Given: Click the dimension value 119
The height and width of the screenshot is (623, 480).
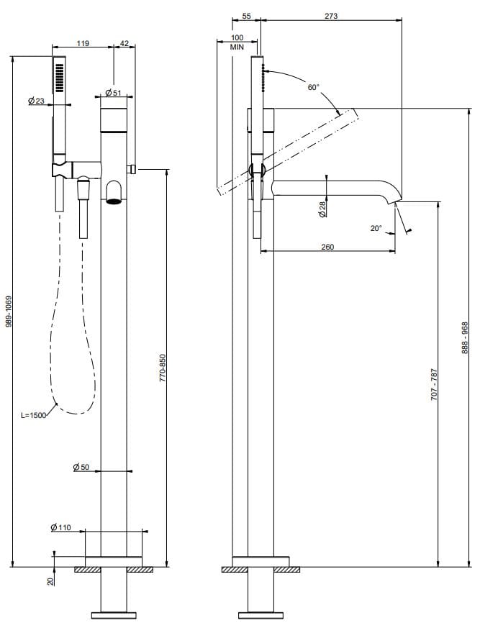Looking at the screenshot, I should [x=83, y=44].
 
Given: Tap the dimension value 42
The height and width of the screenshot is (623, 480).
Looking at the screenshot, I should [x=124, y=44].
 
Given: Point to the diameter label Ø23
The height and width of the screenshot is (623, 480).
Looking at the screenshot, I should [x=36, y=101].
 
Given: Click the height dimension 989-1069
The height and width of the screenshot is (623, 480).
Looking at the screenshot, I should [x=9, y=311].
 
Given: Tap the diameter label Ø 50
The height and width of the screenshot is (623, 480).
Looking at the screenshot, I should [x=81, y=468].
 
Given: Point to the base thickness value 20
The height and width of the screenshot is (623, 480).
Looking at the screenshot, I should [x=50, y=581].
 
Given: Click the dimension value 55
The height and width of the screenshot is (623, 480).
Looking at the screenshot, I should [x=246, y=15].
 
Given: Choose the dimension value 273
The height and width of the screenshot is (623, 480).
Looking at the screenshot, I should [x=331, y=15].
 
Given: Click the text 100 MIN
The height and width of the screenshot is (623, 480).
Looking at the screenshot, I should [x=237, y=42].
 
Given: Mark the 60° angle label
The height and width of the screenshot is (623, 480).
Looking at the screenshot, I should [x=313, y=87].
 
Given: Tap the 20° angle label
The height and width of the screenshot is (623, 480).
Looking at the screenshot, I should [x=376, y=228].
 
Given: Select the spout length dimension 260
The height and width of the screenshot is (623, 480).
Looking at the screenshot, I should [x=327, y=247].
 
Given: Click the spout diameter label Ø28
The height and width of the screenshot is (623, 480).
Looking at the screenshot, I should [x=322, y=209].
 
